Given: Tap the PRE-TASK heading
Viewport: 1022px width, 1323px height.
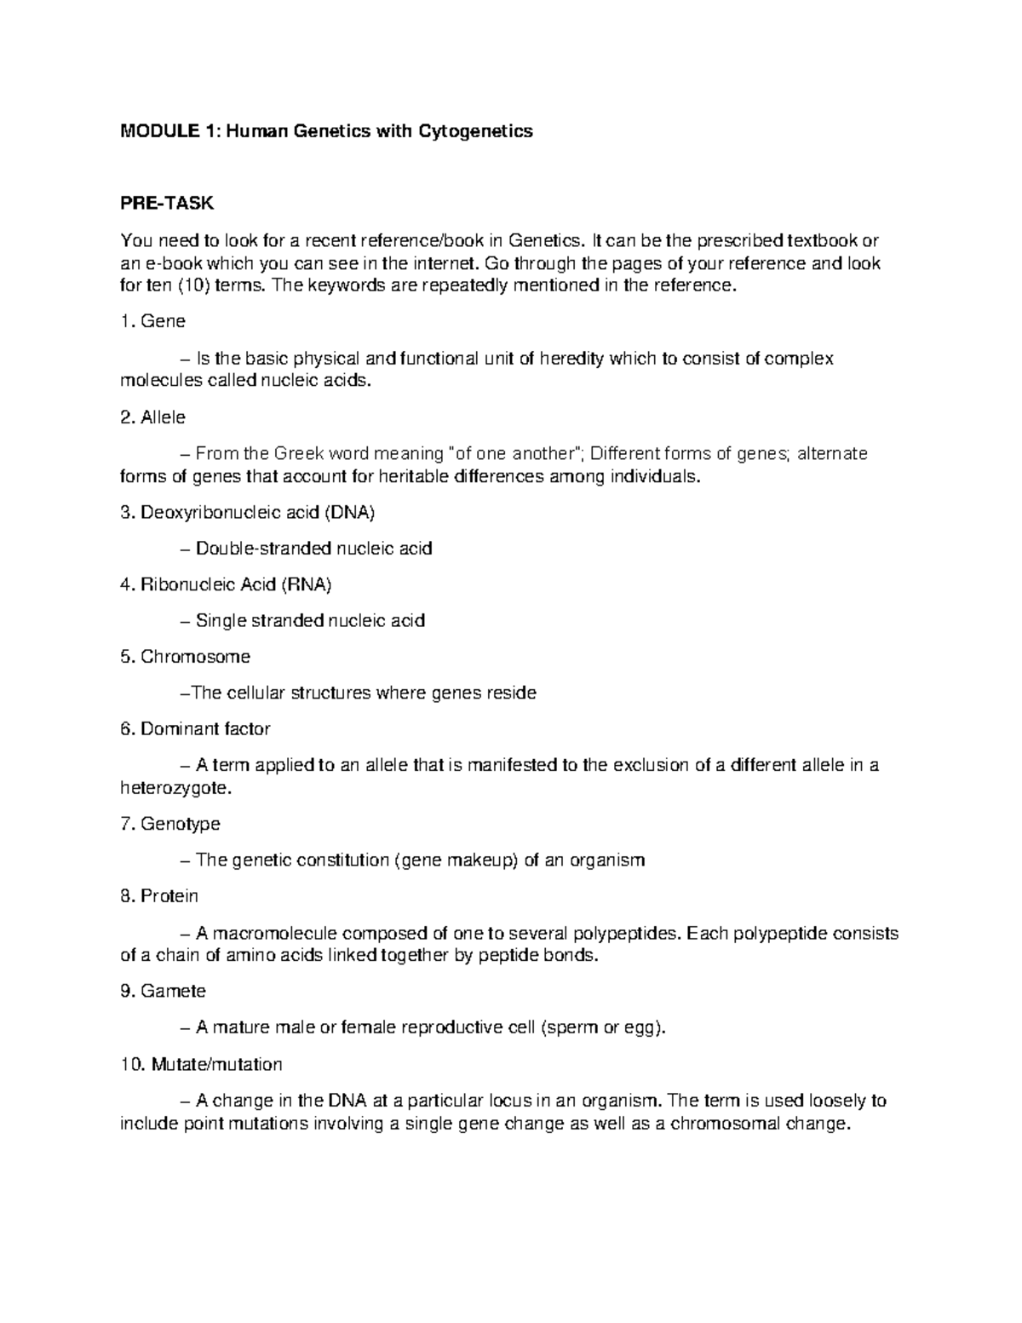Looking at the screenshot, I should click(168, 204).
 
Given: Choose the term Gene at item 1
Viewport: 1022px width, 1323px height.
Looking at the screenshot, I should click(163, 322).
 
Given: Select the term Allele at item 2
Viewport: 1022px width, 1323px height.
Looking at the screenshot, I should click(164, 417).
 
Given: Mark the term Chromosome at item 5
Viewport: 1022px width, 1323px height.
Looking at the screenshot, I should click(195, 657).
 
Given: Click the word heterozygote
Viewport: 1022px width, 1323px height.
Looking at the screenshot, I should click(175, 788).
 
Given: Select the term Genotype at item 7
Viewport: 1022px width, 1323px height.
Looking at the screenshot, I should click(180, 824).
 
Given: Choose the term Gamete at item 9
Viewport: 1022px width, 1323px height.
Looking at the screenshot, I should click(174, 992).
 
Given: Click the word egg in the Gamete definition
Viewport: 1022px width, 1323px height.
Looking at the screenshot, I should click(644, 1028).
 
